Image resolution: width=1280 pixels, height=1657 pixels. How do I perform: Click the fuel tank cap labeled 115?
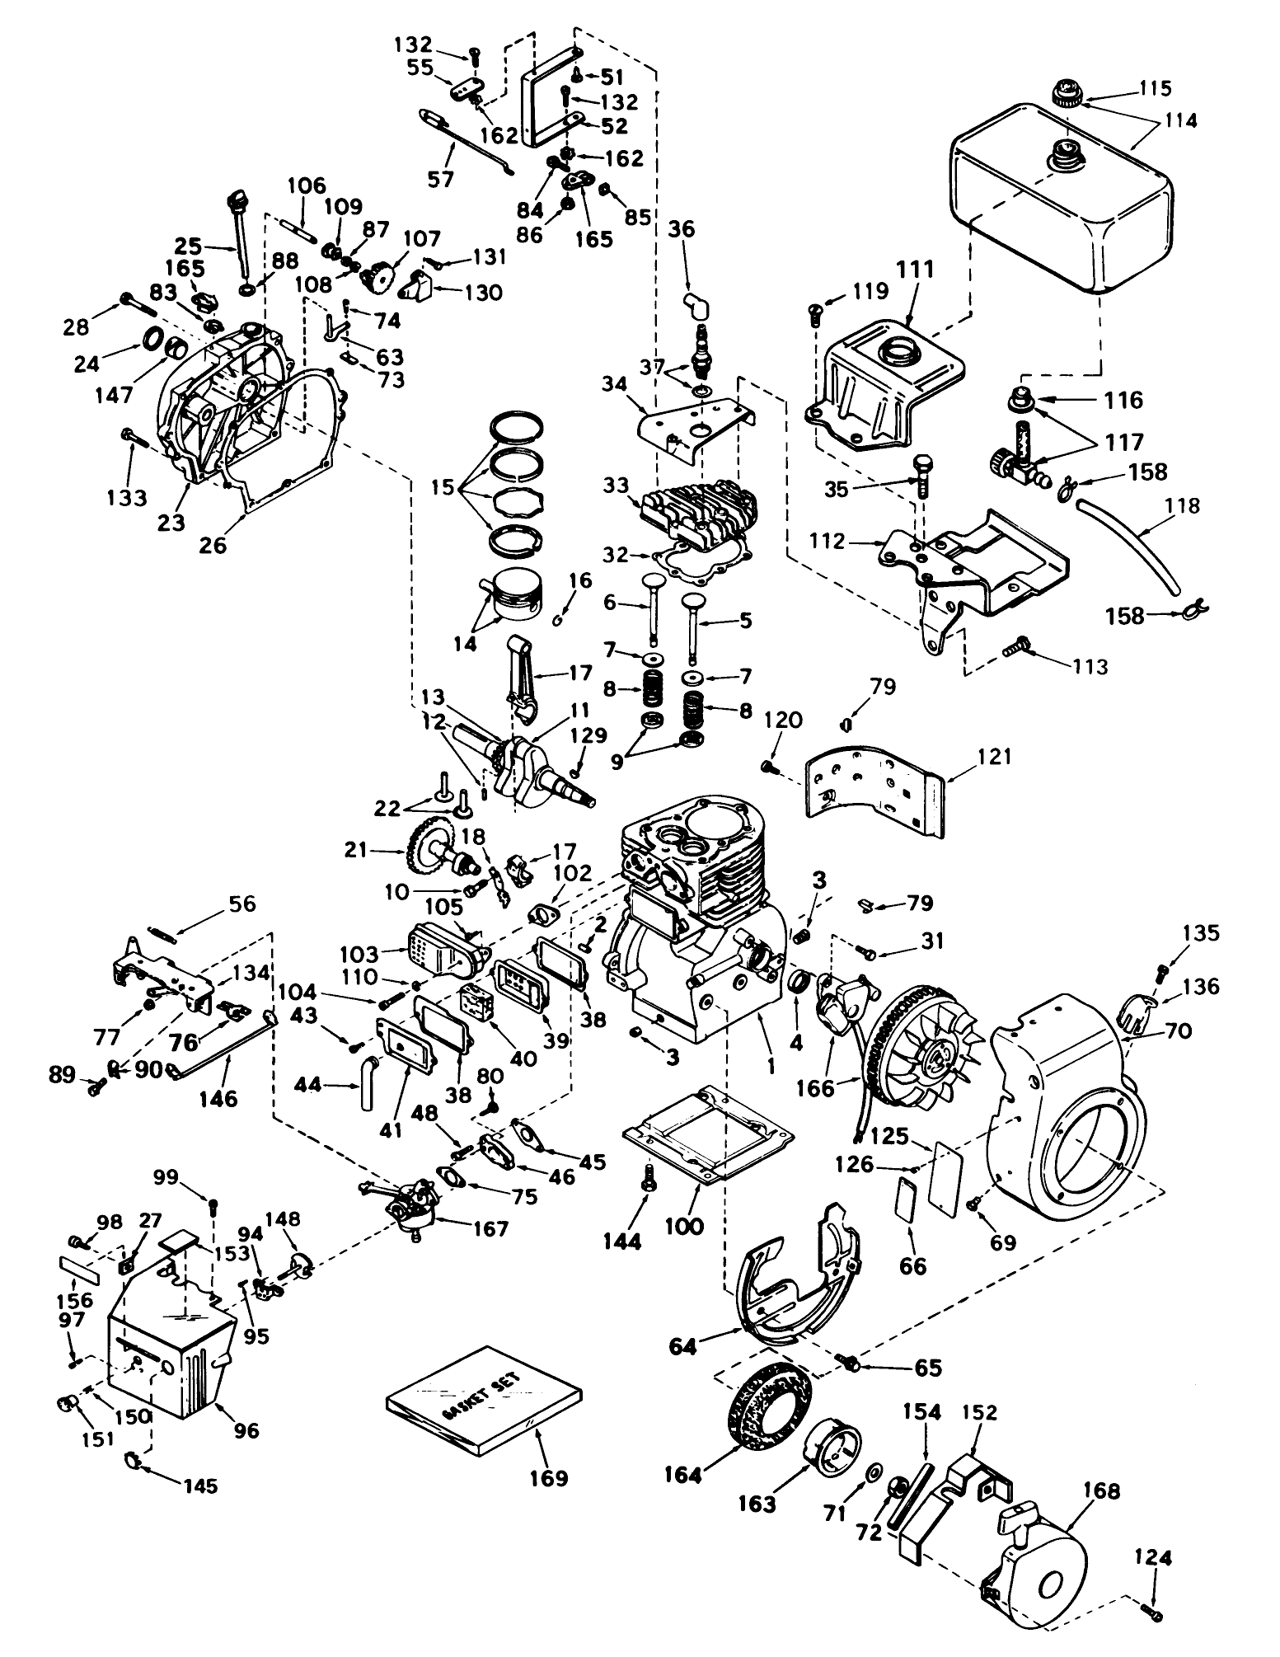tap(1068, 91)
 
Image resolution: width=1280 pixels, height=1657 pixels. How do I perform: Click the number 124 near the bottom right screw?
tap(1152, 1558)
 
